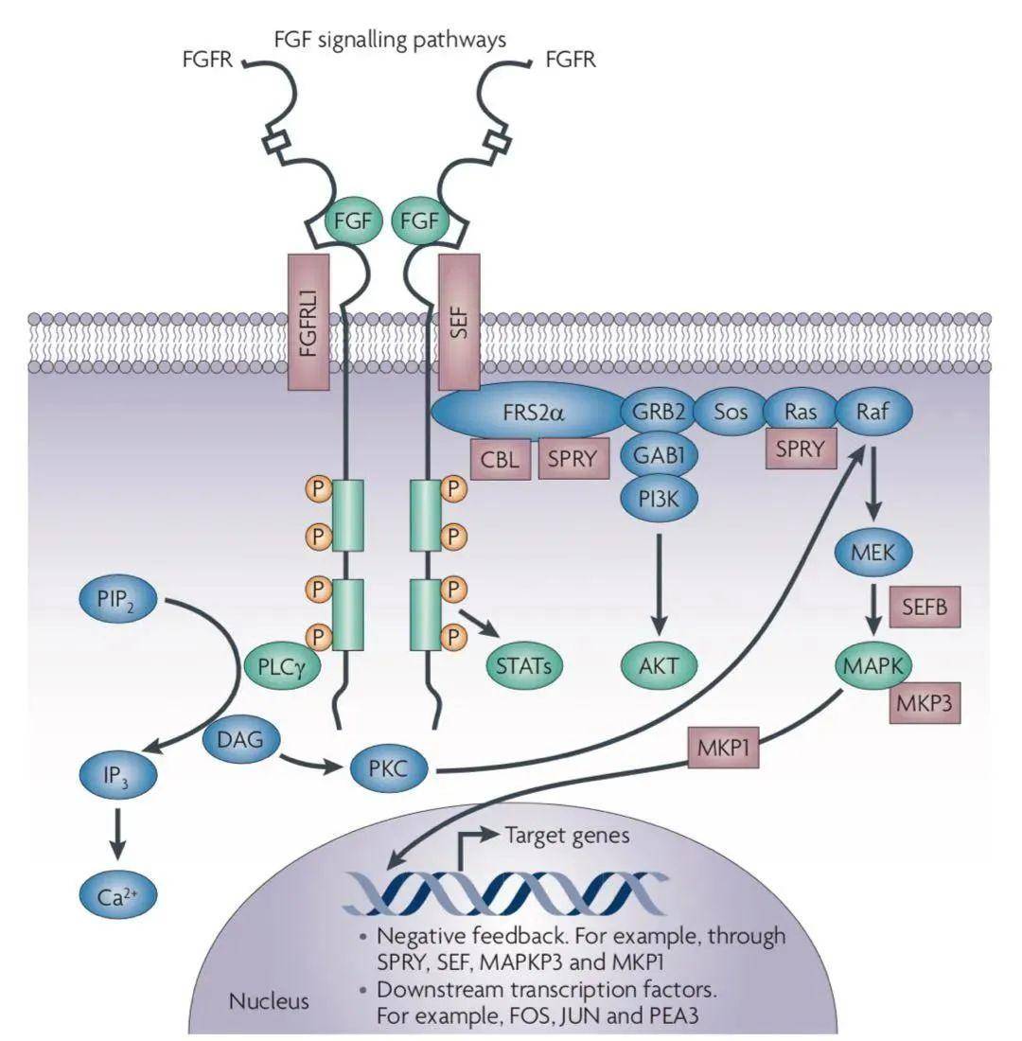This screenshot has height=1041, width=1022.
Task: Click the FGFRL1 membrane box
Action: click(x=308, y=322)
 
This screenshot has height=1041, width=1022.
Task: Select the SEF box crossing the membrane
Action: click(x=460, y=322)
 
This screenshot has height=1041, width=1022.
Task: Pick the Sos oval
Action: click(x=730, y=413)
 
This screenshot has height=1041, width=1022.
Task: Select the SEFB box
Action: click(x=925, y=606)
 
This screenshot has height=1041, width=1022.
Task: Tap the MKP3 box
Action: click(x=925, y=702)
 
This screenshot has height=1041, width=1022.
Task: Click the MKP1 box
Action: click(x=725, y=750)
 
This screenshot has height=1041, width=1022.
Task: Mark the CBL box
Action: click(x=501, y=459)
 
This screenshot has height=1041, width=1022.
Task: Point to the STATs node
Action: click(x=522, y=665)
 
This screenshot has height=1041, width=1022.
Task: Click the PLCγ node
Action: click(x=283, y=665)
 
